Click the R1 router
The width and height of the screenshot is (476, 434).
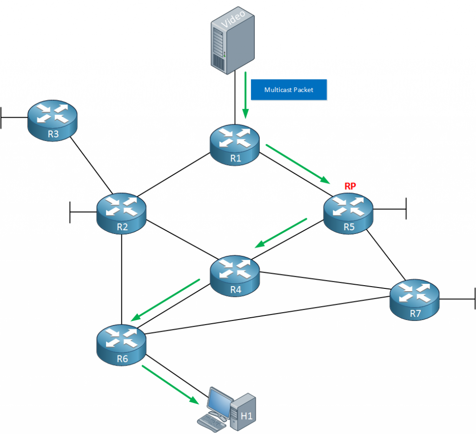point(235,145)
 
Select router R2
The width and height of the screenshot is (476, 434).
point(121,214)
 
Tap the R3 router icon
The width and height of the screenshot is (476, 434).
point(53,120)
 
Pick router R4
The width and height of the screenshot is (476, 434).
point(235,276)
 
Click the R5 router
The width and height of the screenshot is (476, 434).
point(348,214)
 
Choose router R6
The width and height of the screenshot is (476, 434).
point(121,345)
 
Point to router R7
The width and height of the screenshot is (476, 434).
point(414,300)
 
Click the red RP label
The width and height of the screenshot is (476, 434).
point(350,186)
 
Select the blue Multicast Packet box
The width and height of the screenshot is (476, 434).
point(289,90)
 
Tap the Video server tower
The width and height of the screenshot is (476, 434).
point(232,40)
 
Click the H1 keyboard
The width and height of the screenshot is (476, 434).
point(212,423)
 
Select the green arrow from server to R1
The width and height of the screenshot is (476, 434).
point(245,95)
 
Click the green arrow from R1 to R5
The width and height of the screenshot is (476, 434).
point(298,164)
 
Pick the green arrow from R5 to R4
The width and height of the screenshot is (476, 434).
point(281,233)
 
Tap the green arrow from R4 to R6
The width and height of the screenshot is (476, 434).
point(165,300)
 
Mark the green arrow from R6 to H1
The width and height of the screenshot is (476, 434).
point(170,385)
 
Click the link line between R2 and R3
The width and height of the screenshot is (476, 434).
point(92,165)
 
